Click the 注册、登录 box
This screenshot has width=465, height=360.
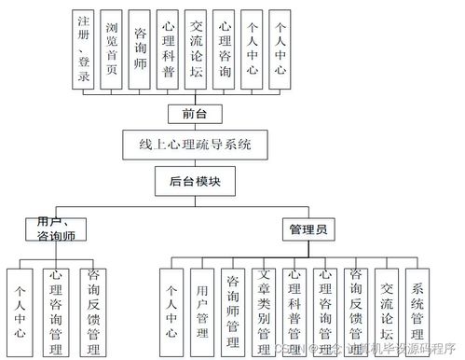click(84, 49)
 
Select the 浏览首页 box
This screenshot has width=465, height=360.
click(112, 49)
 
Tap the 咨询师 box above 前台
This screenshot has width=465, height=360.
click(139, 49)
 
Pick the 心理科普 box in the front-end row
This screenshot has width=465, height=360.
click(167, 49)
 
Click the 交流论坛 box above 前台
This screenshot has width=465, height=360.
click(196, 49)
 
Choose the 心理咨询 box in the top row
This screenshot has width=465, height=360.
click(224, 49)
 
